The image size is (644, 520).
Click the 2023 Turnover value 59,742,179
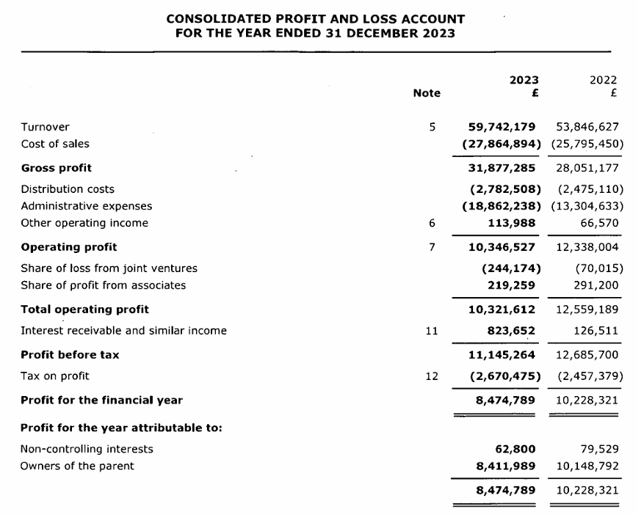[x=502, y=127]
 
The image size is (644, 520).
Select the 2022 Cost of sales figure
[x=587, y=144]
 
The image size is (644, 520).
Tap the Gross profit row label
[x=56, y=168]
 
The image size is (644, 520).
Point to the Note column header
[x=427, y=93]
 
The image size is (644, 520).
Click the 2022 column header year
[x=603, y=80]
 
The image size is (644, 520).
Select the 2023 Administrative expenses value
[x=502, y=206]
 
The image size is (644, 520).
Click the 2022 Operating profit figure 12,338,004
[x=587, y=247]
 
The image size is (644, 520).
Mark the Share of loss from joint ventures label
[x=109, y=268]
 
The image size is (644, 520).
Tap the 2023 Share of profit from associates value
[x=511, y=285]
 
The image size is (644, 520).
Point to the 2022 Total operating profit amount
[x=587, y=310]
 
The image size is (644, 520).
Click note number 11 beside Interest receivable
[x=432, y=331]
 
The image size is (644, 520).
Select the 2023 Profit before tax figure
[x=502, y=355]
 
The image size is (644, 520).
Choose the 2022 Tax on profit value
[x=587, y=376]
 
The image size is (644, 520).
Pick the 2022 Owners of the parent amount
[x=587, y=466]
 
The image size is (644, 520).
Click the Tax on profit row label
[x=55, y=376]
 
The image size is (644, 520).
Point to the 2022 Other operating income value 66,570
[x=598, y=223]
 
